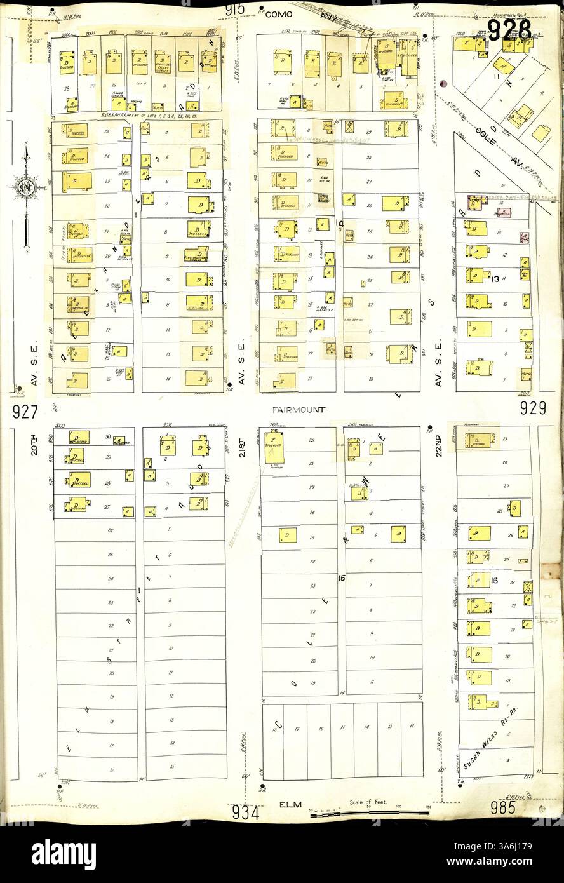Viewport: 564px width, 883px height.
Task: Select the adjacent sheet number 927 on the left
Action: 25,412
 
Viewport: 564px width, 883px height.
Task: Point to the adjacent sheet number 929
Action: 533,410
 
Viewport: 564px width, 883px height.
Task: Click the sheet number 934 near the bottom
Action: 245,812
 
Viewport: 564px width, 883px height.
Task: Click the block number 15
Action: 341,577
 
